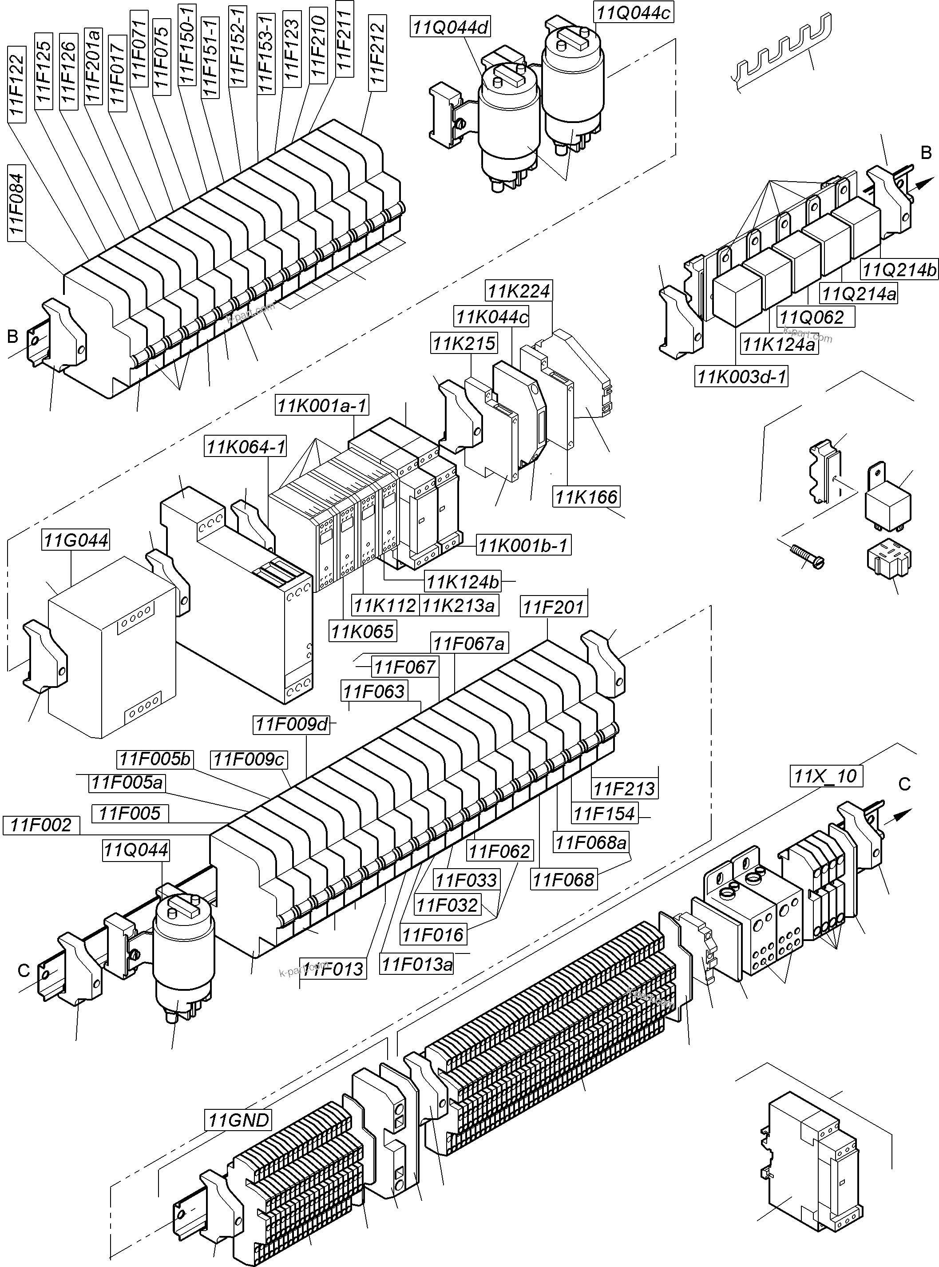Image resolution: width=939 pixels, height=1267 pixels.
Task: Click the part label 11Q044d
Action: [x=451, y=27]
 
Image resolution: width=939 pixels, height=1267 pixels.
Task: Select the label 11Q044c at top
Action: [x=633, y=12]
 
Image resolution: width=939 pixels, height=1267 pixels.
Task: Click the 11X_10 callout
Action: [x=826, y=776]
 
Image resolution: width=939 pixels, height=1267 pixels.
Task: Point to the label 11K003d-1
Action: [x=741, y=376]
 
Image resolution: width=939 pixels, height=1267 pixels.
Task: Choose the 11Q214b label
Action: [x=899, y=270]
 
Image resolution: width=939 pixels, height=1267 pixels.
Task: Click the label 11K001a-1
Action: [x=322, y=406]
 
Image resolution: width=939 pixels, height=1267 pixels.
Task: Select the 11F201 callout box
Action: [x=553, y=607]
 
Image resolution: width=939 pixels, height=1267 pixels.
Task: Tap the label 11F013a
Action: [x=418, y=964]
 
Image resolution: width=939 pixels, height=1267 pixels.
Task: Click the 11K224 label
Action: [x=519, y=290]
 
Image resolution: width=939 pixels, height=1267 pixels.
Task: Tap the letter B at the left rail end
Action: [x=13, y=337]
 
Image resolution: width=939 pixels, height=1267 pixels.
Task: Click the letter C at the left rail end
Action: [x=23, y=970]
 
